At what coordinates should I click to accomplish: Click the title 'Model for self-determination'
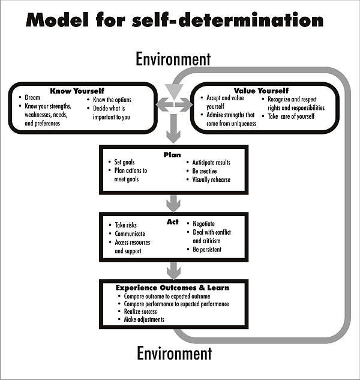point(174,20)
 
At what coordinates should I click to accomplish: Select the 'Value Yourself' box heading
point(261,91)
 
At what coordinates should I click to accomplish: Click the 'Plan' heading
point(172,155)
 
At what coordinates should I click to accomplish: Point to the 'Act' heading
point(173,222)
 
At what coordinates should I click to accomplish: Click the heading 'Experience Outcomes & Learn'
point(173,288)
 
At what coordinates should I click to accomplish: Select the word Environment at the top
point(173,59)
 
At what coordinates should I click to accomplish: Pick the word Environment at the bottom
point(174,353)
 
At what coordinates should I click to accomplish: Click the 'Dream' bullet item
point(32,97)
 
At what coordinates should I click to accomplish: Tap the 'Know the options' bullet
point(112,100)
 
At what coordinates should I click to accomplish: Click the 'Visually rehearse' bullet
point(211,179)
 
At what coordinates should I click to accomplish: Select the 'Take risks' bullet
point(127,225)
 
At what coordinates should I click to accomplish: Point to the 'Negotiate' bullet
point(203,223)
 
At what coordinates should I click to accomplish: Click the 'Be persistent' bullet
point(207,249)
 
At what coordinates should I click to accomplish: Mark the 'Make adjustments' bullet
point(144,320)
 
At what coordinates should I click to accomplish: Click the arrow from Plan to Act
point(173,203)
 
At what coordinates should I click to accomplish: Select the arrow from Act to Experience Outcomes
point(173,268)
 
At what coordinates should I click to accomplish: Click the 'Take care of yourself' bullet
point(291,116)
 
